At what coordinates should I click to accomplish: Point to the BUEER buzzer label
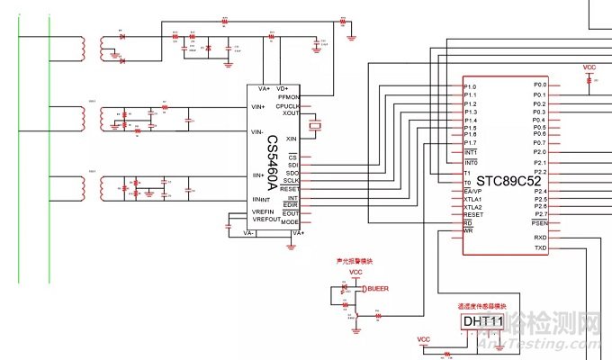[378, 288]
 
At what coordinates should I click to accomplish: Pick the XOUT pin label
[291, 113]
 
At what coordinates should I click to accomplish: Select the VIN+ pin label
[257, 107]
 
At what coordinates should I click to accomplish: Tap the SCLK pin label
[291, 181]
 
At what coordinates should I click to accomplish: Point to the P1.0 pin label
[470, 86]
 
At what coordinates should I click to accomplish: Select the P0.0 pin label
[539, 85]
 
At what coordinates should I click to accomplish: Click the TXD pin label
[540, 247]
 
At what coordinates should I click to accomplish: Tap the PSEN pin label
[539, 223]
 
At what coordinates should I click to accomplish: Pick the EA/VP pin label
[472, 192]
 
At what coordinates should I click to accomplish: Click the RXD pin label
[540, 237]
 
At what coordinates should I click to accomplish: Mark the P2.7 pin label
[539, 214]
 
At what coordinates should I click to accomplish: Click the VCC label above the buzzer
[355, 271]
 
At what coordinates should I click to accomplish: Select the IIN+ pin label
[257, 175]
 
